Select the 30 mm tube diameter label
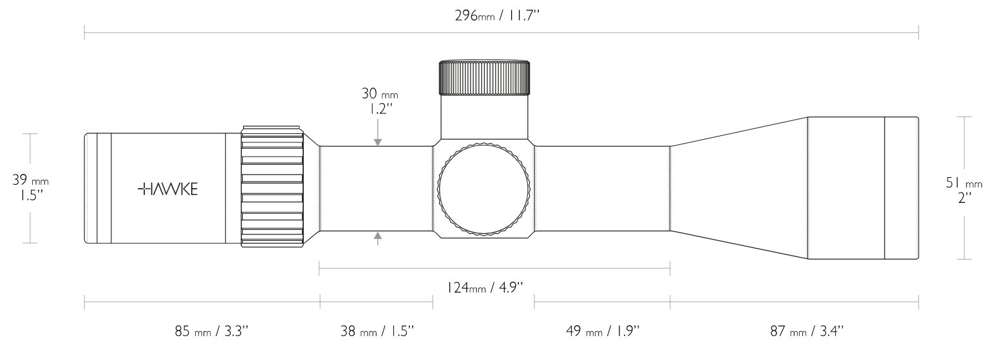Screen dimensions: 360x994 [x=379, y=94]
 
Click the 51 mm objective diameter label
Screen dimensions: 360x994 [x=964, y=184]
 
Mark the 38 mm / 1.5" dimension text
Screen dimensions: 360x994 [x=377, y=332]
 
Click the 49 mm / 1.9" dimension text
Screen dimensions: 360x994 [x=603, y=332]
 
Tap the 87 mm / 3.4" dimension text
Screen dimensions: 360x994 [x=807, y=332]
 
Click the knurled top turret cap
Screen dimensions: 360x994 [x=484, y=77]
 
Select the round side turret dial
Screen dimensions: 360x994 [x=484, y=190]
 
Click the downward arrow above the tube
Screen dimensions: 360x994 [x=378, y=138]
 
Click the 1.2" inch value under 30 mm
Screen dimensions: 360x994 [x=379, y=109]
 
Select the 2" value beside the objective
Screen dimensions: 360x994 [x=964, y=198]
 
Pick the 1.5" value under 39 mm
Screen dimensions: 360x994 [x=30, y=195]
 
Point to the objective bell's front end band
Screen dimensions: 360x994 [x=901, y=188]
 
